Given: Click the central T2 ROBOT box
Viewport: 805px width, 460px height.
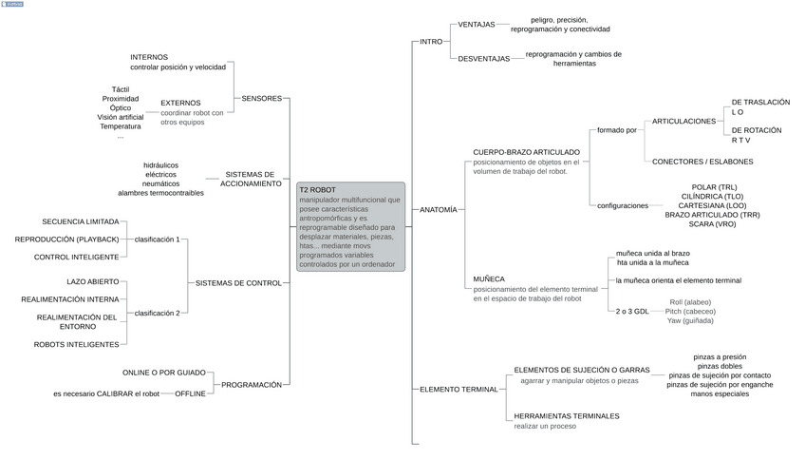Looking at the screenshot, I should point(350,227).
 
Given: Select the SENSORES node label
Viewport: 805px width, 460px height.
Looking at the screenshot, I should point(262,98).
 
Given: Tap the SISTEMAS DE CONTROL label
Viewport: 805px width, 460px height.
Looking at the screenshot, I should point(238,282).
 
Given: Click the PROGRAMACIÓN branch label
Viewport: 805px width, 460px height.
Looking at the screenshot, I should point(252,385).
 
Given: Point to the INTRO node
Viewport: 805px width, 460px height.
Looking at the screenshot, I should point(431,42).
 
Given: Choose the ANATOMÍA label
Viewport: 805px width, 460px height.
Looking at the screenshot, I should point(439,209).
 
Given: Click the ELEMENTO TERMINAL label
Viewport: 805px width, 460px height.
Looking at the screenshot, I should point(459,389).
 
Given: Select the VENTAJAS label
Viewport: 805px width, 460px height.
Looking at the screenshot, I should point(477,25).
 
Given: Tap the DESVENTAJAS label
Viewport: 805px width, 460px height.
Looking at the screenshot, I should point(484,59).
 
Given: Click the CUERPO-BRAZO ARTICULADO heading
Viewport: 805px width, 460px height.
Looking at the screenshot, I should point(526,152).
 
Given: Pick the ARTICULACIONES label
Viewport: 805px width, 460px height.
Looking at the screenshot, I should point(683,122).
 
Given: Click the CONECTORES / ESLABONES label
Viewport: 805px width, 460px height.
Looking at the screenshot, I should point(702,162).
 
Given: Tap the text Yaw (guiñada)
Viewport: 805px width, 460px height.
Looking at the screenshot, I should point(690,321).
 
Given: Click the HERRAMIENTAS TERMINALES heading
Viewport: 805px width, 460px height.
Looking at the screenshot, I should point(566,416).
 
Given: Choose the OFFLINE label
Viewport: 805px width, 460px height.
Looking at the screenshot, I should point(190,393).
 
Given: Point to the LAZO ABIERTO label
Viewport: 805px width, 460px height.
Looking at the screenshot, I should point(93,282).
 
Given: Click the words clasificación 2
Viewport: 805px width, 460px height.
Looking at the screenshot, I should point(157,313).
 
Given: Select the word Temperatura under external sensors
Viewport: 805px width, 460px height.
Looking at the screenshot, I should point(121,126).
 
